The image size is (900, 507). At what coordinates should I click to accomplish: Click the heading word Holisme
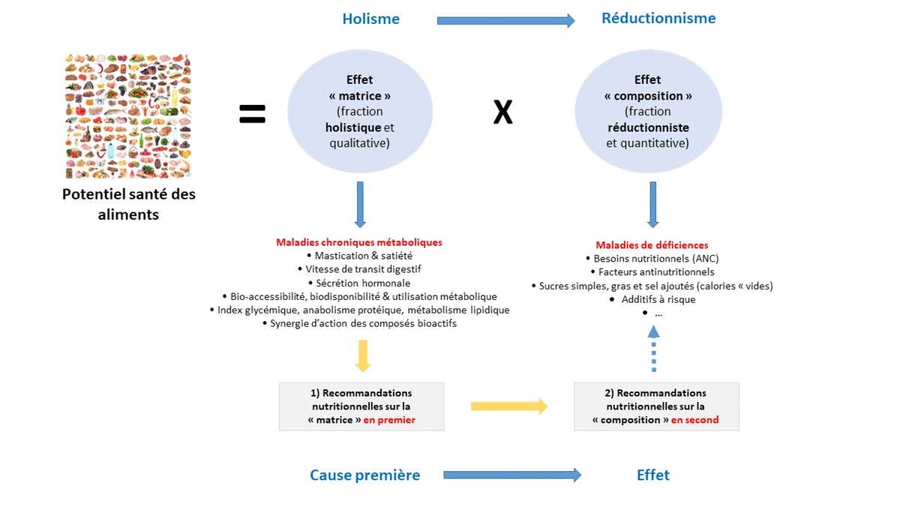[371, 19]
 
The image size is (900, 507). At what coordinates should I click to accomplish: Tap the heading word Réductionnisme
[658, 18]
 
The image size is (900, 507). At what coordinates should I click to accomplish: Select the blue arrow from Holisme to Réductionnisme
[505, 20]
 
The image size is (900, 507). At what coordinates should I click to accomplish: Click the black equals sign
[253, 114]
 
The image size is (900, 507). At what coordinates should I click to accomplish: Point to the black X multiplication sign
[502, 113]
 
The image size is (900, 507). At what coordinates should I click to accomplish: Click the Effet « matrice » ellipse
[361, 112]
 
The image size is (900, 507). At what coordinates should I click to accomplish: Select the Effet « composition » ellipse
[648, 112]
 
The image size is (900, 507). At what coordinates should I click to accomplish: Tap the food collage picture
[128, 116]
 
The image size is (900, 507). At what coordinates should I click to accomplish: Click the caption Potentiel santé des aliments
[128, 203]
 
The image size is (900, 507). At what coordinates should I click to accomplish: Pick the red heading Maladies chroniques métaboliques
[359, 242]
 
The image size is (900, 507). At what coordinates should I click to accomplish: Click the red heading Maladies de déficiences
[652, 245]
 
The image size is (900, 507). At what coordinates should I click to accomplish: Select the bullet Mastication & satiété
[359, 256]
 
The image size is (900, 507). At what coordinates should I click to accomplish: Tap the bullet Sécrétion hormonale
[359, 283]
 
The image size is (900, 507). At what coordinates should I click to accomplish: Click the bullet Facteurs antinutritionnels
[652, 272]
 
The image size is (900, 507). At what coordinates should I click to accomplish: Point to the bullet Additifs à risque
[652, 299]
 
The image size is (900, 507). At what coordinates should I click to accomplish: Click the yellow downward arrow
[362, 355]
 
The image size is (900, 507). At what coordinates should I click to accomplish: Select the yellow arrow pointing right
[509, 406]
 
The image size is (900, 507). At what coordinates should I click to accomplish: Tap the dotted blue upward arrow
[654, 349]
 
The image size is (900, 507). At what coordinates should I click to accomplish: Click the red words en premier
[389, 420]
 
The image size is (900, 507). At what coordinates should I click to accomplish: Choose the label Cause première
[365, 475]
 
